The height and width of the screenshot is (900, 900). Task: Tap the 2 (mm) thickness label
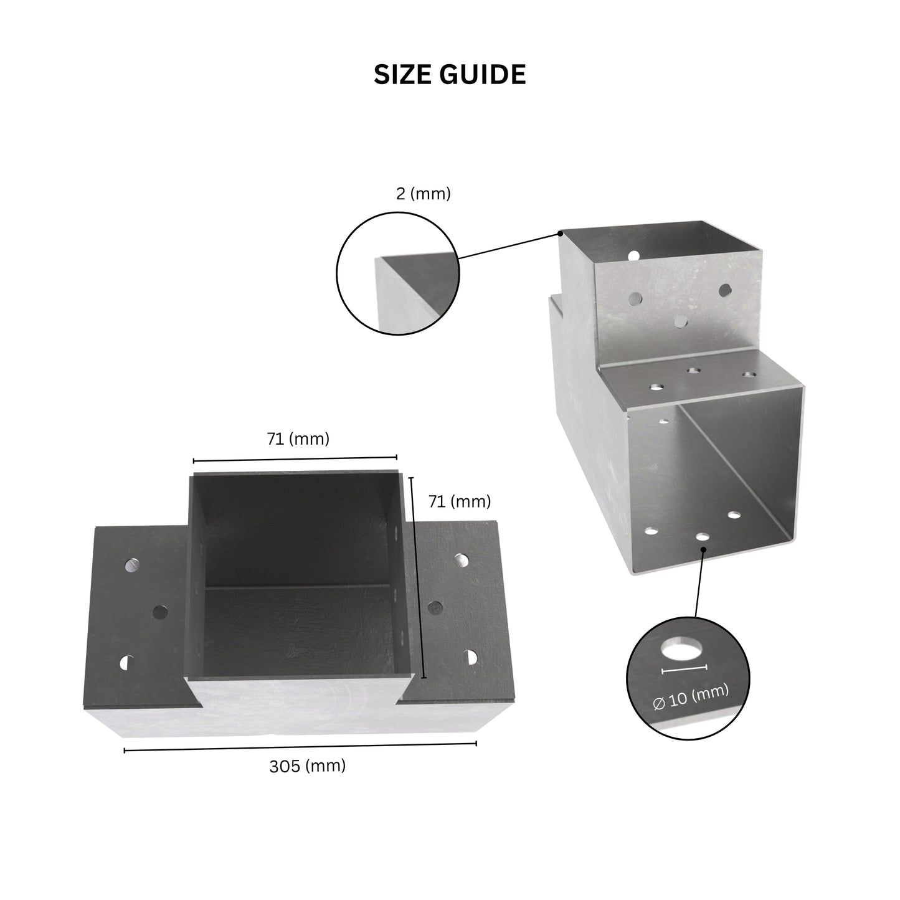point(423,193)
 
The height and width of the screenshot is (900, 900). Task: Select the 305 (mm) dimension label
point(307,766)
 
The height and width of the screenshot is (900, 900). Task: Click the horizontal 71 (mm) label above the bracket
point(298,438)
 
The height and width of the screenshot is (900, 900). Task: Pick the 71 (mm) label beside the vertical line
point(460,501)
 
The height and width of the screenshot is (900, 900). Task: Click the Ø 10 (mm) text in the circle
point(691,697)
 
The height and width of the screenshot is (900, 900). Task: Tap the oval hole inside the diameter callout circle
point(681,650)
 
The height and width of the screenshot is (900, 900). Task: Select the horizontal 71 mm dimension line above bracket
point(295,458)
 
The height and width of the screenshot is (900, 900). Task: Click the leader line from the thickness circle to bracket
point(509,245)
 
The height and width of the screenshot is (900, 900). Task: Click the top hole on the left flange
point(132,565)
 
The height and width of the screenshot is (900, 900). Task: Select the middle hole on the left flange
point(159,612)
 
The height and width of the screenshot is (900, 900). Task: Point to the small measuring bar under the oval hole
point(684,670)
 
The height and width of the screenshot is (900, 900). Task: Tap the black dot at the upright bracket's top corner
point(560,232)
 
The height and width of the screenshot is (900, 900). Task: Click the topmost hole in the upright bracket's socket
point(633,255)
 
